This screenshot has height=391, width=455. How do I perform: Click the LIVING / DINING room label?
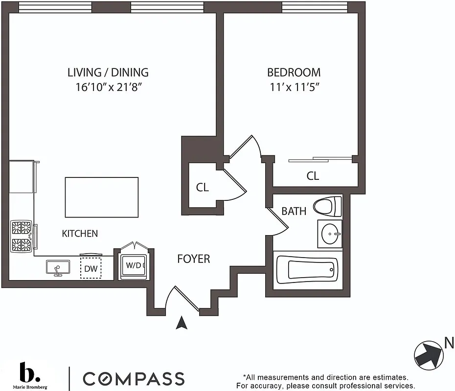point(108,73)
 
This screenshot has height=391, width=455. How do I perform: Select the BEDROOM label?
point(294,73)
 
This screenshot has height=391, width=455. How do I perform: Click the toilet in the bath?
point(328,206)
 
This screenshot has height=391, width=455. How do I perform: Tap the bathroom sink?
point(330,234)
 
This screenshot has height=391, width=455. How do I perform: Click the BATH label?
point(294,211)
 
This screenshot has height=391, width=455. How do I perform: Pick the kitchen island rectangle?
point(102,197)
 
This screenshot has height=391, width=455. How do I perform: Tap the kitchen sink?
point(58,267)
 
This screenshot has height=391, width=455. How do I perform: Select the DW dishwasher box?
point(91,268)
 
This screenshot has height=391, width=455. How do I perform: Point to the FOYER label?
point(193,259)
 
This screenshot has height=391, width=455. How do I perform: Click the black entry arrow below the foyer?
point(182,323)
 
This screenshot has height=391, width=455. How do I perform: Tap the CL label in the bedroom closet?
point(313,176)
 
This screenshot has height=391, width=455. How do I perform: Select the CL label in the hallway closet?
point(203,187)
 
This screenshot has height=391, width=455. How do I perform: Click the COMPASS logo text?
point(133,378)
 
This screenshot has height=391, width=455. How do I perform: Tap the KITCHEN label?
point(80,234)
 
